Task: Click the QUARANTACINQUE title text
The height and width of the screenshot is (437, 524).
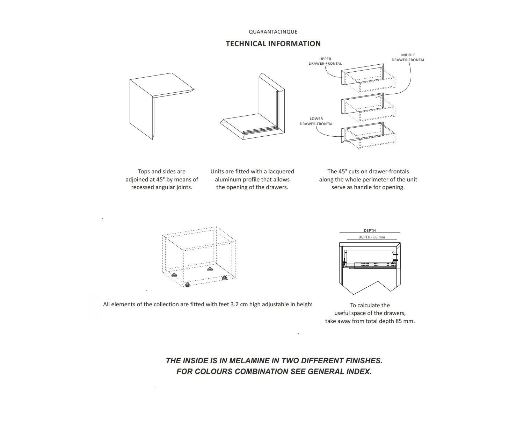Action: click(273, 32)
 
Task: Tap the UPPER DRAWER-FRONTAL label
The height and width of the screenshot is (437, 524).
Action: click(325, 61)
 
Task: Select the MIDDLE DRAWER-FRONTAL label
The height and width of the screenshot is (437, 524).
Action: click(408, 57)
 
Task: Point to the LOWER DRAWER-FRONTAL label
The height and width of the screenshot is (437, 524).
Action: click(316, 121)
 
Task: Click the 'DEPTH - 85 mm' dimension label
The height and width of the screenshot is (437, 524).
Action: click(371, 237)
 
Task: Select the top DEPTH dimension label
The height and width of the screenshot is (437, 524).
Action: click(370, 230)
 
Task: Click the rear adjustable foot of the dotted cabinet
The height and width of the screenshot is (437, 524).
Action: click(210, 269)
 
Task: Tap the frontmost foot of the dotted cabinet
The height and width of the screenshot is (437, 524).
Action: click(188, 285)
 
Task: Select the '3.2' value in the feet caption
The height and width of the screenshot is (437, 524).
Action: click(234, 305)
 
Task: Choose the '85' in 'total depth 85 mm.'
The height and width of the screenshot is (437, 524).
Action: click(399, 321)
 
